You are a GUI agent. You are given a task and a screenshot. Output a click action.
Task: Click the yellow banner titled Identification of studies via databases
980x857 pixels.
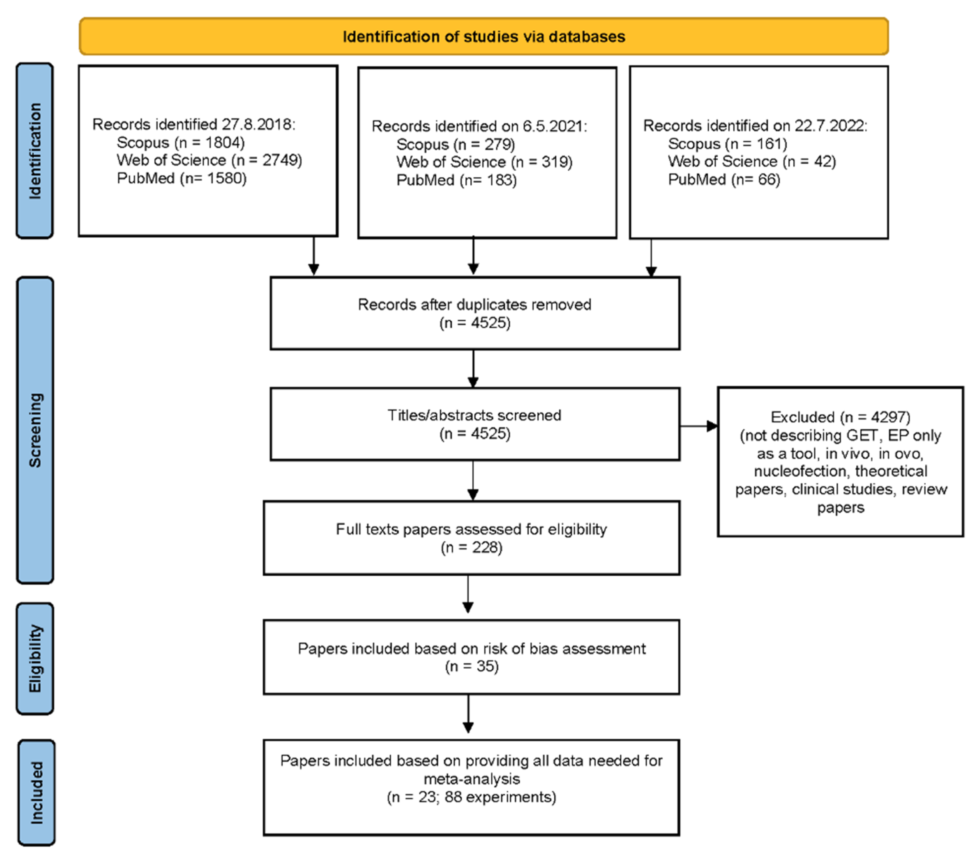(483, 36)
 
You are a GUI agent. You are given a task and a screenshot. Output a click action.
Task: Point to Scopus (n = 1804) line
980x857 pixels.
(181, 142)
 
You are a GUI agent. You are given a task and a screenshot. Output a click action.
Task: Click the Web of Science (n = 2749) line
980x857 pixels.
(209, 160)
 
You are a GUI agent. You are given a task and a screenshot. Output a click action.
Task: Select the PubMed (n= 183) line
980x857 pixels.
(456, 180)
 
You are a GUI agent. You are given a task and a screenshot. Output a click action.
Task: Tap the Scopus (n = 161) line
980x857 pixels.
(727, 144)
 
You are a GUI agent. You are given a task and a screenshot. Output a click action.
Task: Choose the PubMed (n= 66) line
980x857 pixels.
(724, 179)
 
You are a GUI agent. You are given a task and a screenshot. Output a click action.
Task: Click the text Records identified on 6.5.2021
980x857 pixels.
(479, 126)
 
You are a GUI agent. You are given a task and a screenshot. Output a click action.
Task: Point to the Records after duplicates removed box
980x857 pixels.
(474, 313)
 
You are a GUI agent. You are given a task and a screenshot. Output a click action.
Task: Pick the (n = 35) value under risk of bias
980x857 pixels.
(471, 666)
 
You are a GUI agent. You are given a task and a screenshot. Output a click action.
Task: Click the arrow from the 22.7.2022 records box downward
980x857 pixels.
(651, 258)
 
